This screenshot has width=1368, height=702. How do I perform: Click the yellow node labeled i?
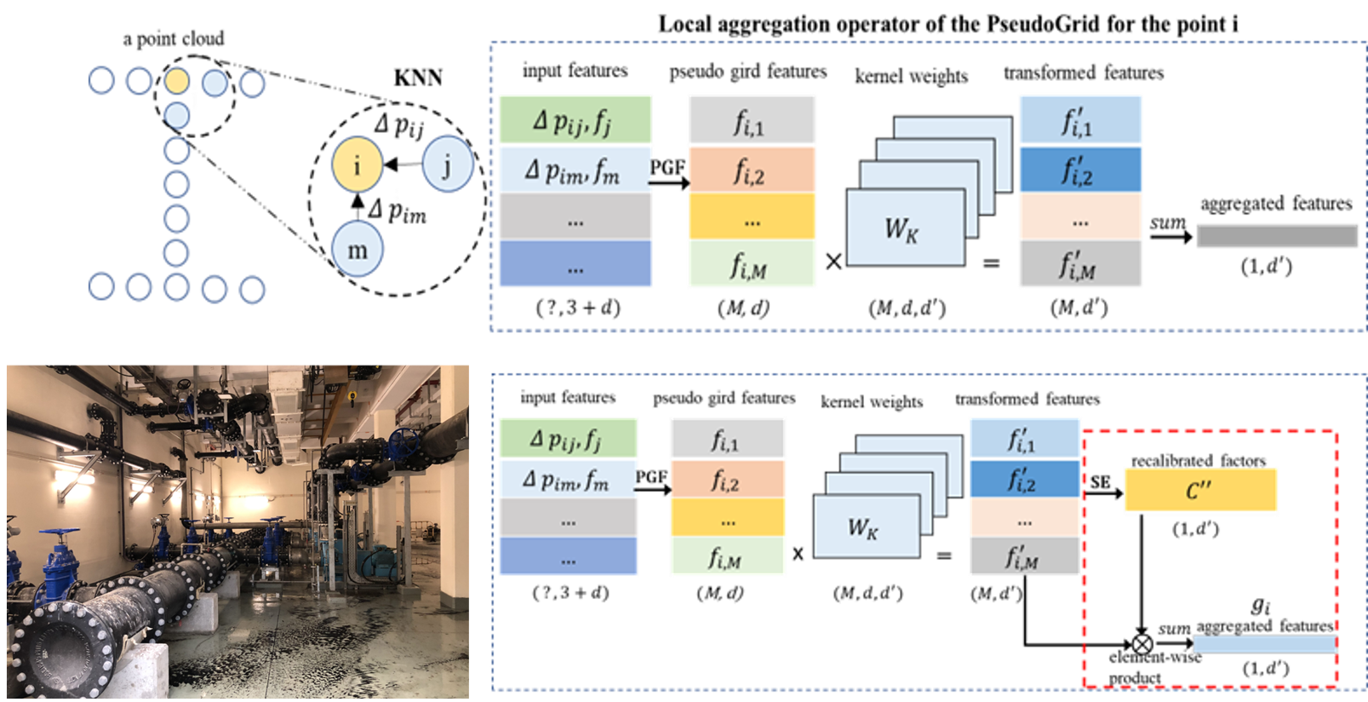[x=358, y=164]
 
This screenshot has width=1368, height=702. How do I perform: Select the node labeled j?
[x=448, y=164]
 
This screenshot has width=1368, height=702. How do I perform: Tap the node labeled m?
[x=358, y=250]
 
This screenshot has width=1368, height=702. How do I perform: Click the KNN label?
[x=418, y=78]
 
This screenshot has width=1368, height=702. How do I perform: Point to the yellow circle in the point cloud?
[x=177, y=81]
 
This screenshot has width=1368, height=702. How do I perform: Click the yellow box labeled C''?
[x=1200, y=490]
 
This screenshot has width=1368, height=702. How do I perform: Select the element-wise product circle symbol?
[x=1142, y=644]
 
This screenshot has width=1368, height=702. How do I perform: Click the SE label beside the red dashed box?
[x=1100, y=482]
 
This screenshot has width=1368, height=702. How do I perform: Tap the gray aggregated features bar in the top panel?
[x=1277, y=236]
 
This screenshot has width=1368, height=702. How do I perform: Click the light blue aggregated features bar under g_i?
[x=1264, y=644]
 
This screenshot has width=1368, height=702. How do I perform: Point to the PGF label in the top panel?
[x=667, y=167]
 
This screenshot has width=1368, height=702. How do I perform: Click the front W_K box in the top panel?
[x=905, y=227]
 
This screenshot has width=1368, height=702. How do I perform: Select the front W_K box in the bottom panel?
[x=866, y=526]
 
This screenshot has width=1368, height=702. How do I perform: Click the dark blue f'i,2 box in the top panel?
[x=1079, y=170]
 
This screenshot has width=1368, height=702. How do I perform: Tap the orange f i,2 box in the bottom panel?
[x=727, y=479]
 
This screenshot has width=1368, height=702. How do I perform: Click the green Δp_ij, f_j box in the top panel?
[x=575, y=120]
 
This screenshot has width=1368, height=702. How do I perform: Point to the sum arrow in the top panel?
[x=1171, y=237]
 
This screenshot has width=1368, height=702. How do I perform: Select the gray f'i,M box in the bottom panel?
[x=1024, y=555]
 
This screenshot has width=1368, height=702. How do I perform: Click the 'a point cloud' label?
[x=174, y=39]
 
